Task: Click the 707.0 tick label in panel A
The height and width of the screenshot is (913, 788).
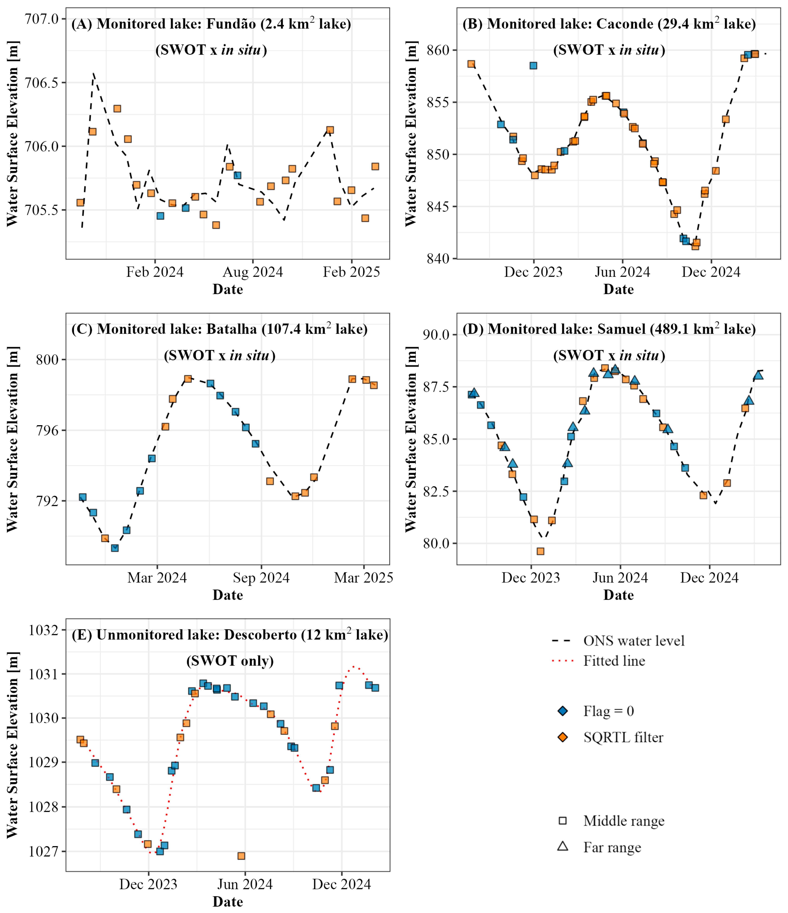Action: [x=42, y=19]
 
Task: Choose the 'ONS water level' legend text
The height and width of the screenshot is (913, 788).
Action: [x=634, y=641]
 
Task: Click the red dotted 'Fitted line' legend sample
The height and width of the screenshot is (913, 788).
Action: [x=563, y=661]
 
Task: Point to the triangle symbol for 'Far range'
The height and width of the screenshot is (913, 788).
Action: [x=563, y=846]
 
